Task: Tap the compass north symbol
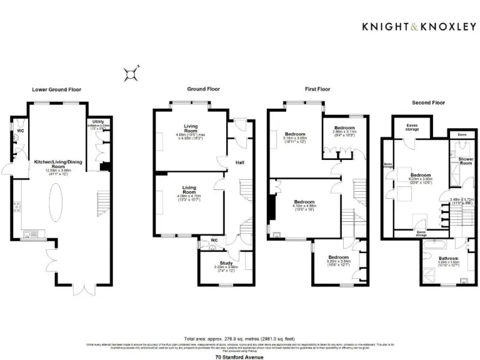coord(132,74)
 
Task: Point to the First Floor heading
coord(317,89)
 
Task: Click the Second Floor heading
coord(428,102)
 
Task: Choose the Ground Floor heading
coord(203,89)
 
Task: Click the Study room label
coord(226,263)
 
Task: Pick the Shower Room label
coord(466,161)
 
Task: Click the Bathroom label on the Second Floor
coord(447,259)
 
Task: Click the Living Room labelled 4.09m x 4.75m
coord(188,190)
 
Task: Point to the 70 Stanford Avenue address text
coord(240,357)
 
